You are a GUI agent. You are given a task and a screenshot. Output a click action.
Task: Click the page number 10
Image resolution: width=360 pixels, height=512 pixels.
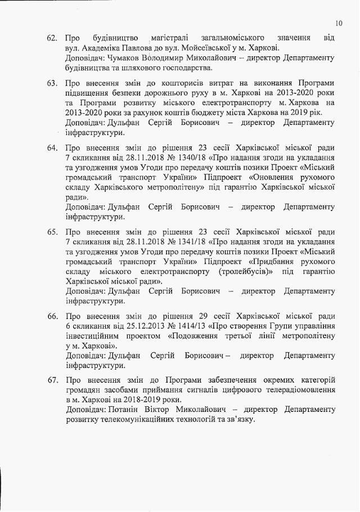[x=338, y=23]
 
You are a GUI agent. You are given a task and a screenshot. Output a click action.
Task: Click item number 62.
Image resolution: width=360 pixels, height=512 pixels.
[x=52, y=38]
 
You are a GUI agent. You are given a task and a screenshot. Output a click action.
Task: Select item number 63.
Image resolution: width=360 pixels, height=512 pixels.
[x=53, y=84]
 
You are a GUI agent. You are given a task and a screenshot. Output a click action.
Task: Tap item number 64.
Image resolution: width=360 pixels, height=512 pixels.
[x=53, y=148]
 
